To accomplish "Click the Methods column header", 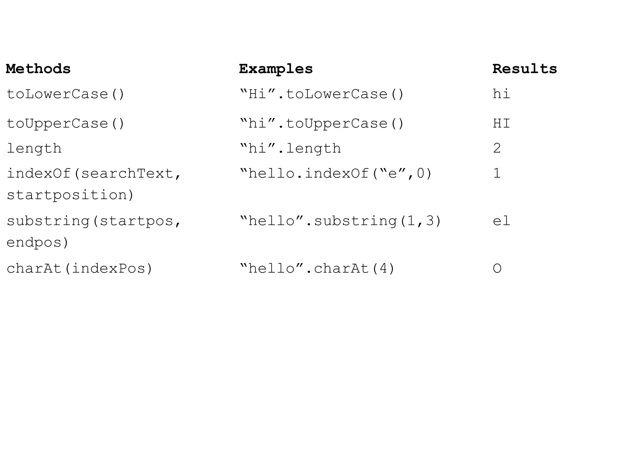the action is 38,69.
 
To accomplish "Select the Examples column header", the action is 276,69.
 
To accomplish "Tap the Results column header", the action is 525,69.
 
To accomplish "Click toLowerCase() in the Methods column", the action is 65,94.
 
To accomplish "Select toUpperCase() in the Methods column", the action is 65,123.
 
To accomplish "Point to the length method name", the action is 34,148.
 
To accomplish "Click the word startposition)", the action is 70,195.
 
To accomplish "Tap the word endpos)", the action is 38,242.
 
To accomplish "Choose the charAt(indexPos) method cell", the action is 79,268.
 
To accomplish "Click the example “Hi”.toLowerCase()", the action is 322,94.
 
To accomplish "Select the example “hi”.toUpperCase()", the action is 322,123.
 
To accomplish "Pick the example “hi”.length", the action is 290,148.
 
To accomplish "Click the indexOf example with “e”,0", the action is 336,174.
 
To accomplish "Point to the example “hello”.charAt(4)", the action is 317,268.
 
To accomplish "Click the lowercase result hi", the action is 502,94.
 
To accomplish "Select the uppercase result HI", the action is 502,123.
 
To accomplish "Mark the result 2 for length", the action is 497,148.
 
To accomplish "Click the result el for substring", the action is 502,221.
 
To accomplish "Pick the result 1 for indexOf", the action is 497,174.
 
